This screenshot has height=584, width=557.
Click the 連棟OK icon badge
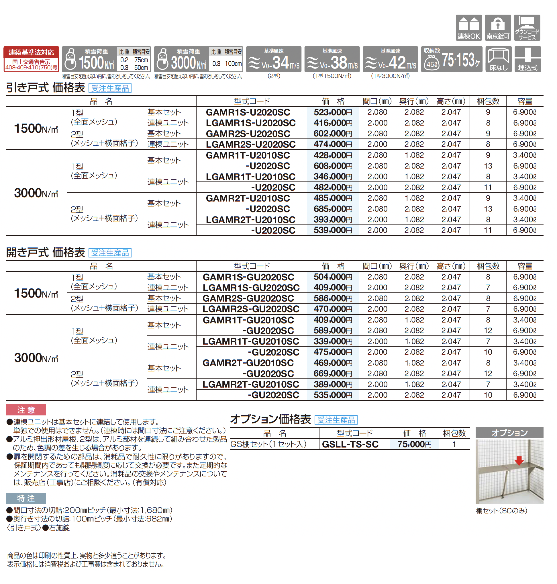[x=468, y=28]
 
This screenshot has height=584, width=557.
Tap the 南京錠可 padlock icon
[x=498, y=28]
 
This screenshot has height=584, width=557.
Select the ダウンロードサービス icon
[x=527, y=28]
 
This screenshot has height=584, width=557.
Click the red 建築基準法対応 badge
[x=31, y=59]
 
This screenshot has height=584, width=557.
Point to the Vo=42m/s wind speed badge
[x=390, y=59]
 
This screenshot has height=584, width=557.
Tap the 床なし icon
[x=498, y=59]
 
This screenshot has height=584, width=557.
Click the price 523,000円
[x=333, y=112]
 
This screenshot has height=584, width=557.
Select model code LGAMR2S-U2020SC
[x=251, y=144]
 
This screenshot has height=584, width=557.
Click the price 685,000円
[x=333, y=209]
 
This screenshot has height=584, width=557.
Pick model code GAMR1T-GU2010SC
[x=248, y=320]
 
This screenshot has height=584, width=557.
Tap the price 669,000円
[x=333, y=373]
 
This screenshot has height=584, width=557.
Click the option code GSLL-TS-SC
[x=350, y=444]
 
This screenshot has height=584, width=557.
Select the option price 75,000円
[x=414, y=444]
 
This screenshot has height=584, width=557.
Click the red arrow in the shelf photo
[x=519, y=460]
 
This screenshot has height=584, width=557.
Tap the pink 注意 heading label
[x=26, y=410]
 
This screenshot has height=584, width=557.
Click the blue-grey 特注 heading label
[x=26, y=498]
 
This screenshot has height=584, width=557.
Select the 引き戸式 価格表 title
[x=46, y=88]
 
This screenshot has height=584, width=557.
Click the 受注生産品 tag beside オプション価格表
[x=336, y=420]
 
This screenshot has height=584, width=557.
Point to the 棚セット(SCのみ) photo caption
[x=501, y=511]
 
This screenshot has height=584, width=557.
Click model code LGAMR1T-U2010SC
[x=251, y=177]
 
